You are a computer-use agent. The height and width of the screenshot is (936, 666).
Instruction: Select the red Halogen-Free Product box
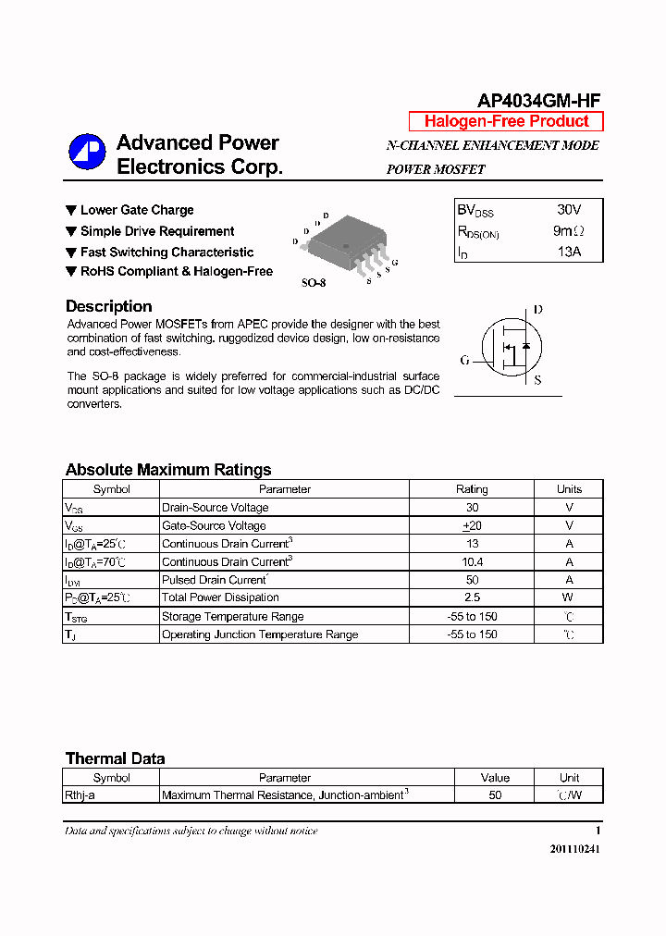[x=506, y=121]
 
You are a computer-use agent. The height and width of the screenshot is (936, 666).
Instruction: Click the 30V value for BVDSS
[x=569, y=210]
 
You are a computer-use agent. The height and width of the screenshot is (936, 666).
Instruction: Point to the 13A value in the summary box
[x=569, y=251]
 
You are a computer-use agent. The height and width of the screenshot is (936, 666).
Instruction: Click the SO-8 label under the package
[x=314, y=283]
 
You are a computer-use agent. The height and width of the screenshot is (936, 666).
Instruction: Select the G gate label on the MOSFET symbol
[x=464, y=360]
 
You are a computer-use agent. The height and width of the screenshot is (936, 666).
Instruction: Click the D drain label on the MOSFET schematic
[x=538, y=310]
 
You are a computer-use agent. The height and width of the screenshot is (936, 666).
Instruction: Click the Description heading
[x=108, y=306]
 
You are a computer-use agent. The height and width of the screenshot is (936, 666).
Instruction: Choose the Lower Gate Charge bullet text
[x=137, y=210]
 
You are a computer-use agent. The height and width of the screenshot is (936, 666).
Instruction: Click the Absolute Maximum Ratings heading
[x=168, y=470]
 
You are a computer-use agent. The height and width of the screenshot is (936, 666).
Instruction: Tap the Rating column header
[x=472, y=489]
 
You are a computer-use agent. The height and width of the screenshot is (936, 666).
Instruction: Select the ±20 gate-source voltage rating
[x=472, y=525]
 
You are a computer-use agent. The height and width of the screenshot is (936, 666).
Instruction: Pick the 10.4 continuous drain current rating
[x=472, y=561]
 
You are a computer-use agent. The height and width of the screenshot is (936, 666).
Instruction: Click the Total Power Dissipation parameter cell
[x=220, y=597]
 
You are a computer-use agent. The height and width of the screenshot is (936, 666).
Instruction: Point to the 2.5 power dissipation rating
[x=472, y=597]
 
